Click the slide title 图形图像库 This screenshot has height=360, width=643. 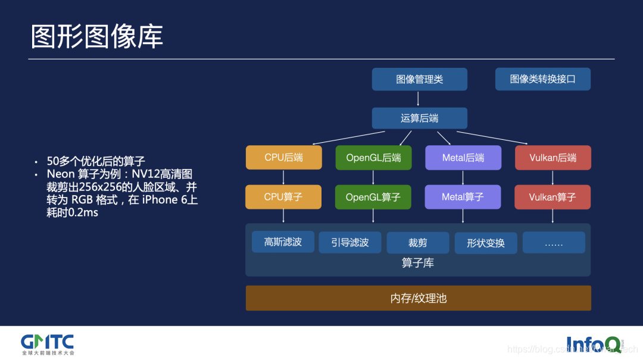coord(97,37)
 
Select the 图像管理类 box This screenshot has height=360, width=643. coord(419,79)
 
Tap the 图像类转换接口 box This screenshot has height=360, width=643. coord(542,79)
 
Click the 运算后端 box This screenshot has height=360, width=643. coord(419,118)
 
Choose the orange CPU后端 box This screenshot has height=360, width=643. coord(283,158)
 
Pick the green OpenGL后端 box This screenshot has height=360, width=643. coord(373,158)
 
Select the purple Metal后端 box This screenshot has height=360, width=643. coord(463,158)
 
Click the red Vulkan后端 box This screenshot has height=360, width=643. coord(553,158)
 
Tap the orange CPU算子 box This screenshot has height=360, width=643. coord(283,197)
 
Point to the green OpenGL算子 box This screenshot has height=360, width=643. coord(373,197)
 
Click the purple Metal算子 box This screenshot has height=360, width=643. coord(463,197)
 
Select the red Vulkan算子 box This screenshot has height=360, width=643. coord(553,197)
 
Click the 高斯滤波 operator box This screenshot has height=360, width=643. coord(283,242)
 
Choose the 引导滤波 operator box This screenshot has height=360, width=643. coord(350,243)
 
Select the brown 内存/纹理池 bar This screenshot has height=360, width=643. coord(418,298)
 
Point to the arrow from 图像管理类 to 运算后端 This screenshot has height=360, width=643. coord(419,99)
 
